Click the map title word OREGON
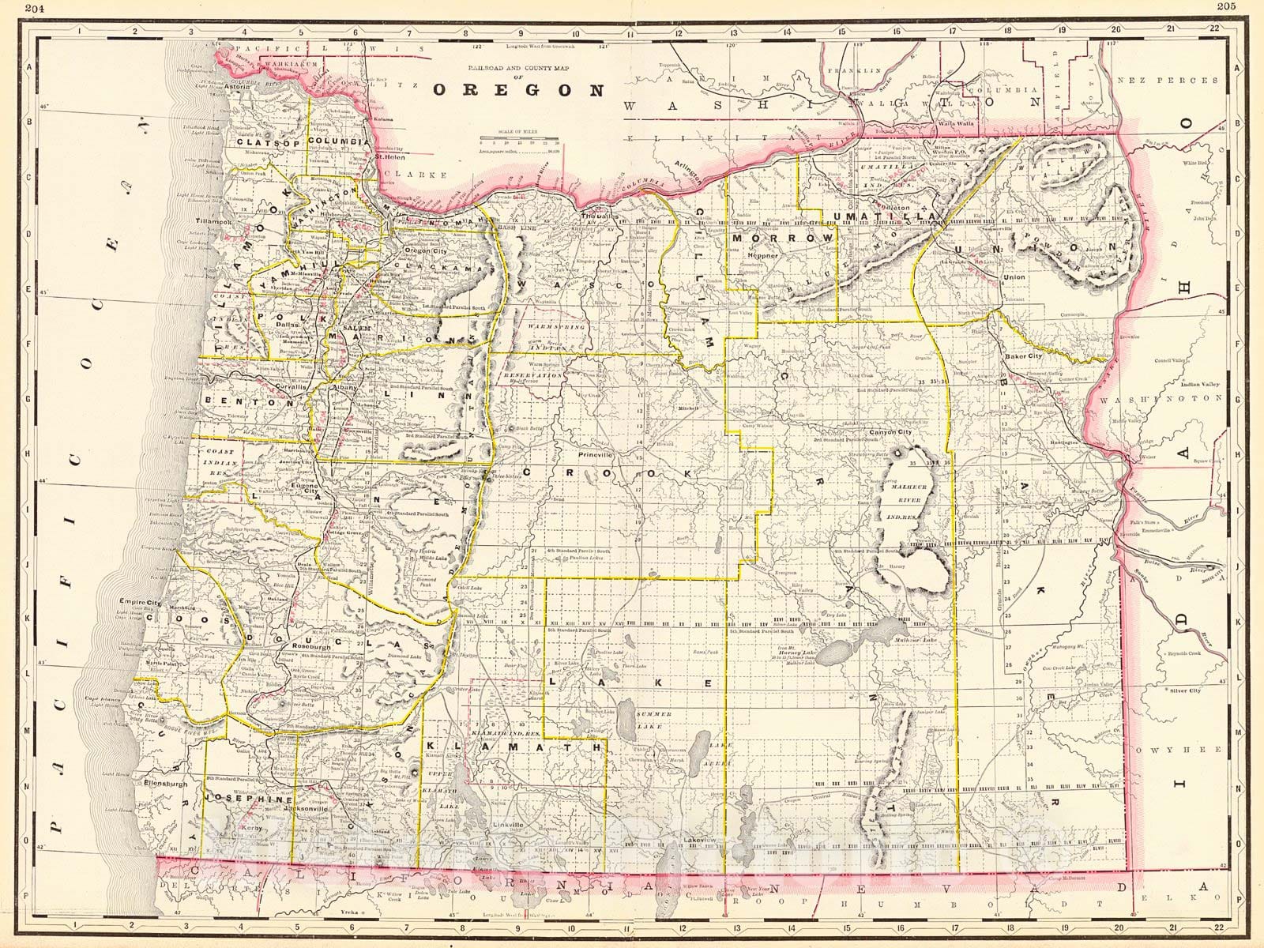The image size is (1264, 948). (517, 89)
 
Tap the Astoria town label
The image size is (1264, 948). (236, 88)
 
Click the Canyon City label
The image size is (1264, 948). (890, 433)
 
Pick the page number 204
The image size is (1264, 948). (13, 6)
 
